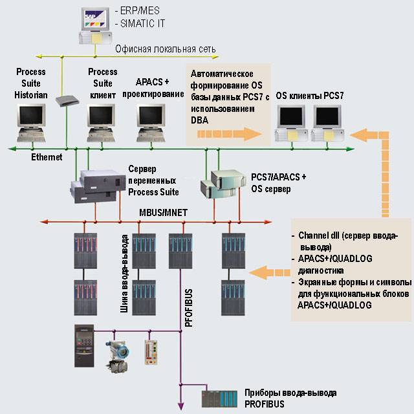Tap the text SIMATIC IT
tap(138, 23)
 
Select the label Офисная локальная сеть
tap(165, 49)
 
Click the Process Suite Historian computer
tap(31, 119)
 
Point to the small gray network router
tap(67, 101)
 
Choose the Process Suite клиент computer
tap(103, 119)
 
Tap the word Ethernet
tap(47, 157)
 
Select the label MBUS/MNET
tap(162, 211)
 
